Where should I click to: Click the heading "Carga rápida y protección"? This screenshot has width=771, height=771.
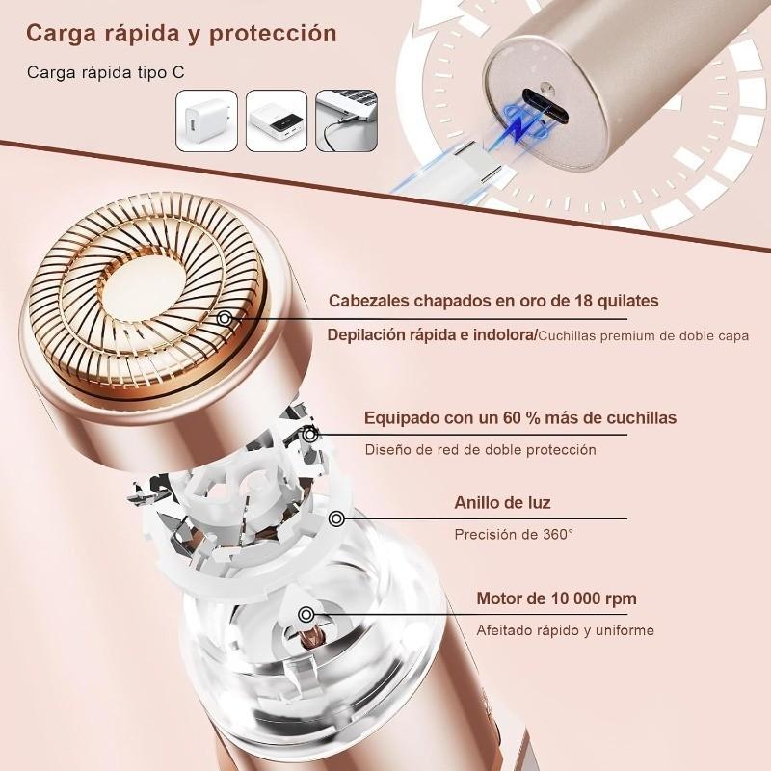tap(181, 33)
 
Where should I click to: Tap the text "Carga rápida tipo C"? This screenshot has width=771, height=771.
tap(107, 72)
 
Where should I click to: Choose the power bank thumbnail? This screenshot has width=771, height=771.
tap(277, 120)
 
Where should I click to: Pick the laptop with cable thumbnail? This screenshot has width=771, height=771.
tap(346, 120)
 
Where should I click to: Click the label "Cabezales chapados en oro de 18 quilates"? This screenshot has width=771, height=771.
tap(493, 301)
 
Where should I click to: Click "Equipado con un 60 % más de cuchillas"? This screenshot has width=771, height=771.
tap(519, 417)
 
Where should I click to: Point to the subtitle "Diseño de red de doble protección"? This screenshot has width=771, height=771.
tap(480, 450)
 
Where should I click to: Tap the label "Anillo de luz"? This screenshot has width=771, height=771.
tap(503, 502)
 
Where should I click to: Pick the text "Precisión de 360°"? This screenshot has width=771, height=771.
tap(514, 534)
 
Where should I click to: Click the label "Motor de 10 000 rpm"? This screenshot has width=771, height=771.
tap(556, 598)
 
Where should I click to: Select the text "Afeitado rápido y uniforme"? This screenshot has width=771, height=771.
tap(565, 630)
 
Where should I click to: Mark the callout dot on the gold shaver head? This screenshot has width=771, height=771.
tap(226, 318)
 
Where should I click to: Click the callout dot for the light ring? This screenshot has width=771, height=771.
tap(336, 519)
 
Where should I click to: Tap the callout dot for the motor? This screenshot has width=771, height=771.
tap(306, 614)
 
